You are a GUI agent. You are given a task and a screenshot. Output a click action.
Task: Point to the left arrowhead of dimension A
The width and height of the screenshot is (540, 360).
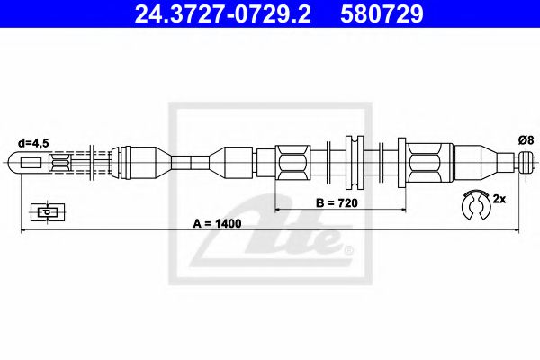[24, 232]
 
